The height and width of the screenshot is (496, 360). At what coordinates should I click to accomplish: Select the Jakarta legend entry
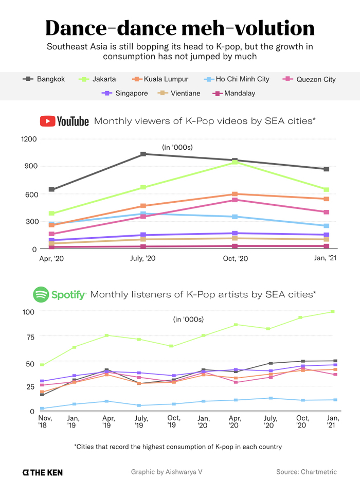(97, 79)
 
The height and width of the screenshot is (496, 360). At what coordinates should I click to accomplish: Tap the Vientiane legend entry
(178, 93)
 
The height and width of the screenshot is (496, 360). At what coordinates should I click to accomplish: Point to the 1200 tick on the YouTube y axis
(29, 139)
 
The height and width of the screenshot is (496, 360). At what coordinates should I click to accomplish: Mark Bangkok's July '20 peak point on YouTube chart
(143, 154)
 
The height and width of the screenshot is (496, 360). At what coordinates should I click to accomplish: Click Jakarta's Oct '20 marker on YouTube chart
(235, 162)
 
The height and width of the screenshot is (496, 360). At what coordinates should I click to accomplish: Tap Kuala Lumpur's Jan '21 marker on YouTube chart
(326, 199)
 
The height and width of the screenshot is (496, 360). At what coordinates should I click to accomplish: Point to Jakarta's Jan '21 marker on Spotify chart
(333, 311)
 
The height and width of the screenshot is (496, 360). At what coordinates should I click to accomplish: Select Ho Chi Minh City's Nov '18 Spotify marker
(42, 409)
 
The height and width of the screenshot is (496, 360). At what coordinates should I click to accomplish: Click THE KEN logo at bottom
(43, 472)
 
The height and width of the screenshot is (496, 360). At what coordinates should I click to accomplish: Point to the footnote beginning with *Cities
(178, 447)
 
